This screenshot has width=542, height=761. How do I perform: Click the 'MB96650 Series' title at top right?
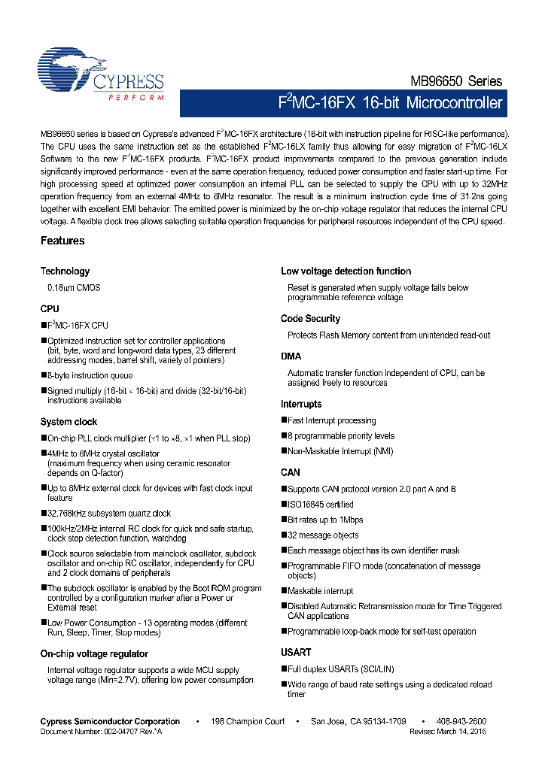(456, 81)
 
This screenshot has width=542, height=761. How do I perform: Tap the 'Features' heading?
(62, 241)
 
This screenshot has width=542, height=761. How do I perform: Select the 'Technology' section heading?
(65, 271)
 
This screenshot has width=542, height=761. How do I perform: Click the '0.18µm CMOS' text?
(74, 288)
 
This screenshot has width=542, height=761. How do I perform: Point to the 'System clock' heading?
(69, 422)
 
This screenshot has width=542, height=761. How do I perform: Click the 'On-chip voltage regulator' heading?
(94, 654)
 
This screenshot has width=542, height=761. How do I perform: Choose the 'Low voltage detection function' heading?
(346, 271)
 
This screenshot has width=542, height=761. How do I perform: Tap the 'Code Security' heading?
(310, 319)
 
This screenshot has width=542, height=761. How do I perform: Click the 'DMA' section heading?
(291, 356)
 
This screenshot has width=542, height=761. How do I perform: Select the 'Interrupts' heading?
(301, 405)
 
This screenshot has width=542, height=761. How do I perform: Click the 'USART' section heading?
(296, 653)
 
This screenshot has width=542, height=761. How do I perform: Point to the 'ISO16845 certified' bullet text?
(320, 505)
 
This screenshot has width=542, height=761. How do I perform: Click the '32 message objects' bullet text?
(323, 535)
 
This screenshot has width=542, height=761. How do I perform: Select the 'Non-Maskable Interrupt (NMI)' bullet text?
(340, 451)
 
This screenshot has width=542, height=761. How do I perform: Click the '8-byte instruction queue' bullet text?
(90, 374)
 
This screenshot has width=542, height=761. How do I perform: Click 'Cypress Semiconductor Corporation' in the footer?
(110, 722)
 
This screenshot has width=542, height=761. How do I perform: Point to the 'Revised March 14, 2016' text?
(448, 731)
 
